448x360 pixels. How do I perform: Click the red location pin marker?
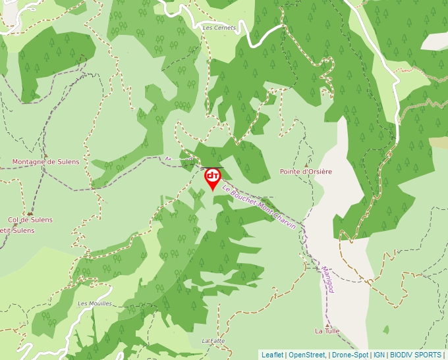click(212, 178)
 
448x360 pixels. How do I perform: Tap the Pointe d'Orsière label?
click(306, 172)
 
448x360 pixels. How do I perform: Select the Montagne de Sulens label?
click(45, 162)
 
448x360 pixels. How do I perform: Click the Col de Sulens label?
click(30, 220)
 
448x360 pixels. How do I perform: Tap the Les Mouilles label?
click(95, 303)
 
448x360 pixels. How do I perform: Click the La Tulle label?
click(327, 330)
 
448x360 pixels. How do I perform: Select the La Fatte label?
click(213, 341)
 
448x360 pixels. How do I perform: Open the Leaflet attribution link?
click(272, 355)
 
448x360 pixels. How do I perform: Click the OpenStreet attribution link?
click(307, 355)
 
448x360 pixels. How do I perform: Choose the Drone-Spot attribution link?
click(350, 355)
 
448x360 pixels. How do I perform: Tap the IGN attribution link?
click(379, 355)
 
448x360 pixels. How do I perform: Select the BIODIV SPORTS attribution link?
click(416, 355)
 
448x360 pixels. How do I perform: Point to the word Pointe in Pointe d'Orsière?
click(290, 172)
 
